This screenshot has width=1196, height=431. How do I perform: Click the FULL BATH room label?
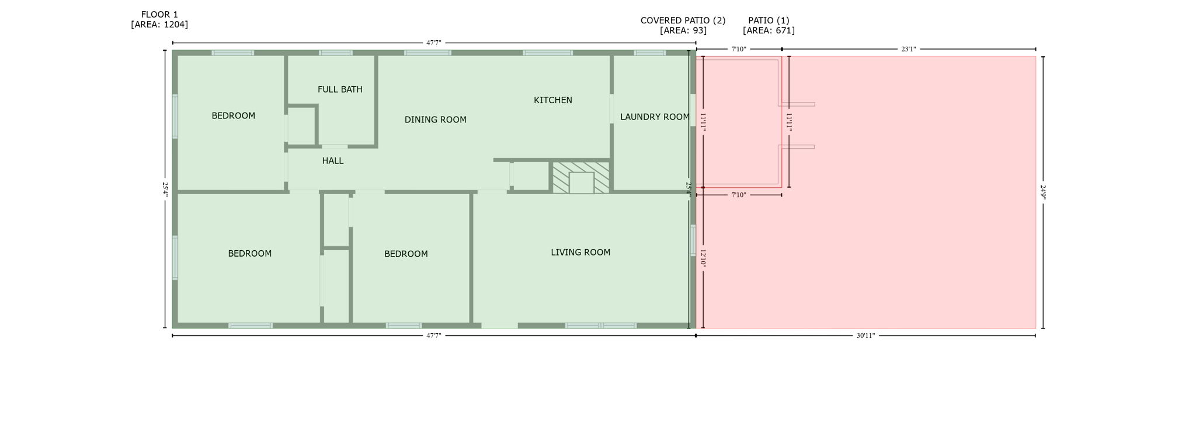(x=340, y=89)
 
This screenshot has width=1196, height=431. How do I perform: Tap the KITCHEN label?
(x=552, y=100)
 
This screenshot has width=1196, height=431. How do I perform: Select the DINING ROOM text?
(x=435, y=120)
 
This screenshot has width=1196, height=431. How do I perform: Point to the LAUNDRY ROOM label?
(x=654, y=117)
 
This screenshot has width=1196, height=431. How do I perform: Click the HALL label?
(x=332, y=160)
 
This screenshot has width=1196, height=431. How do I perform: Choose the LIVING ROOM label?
(x=580, y=252)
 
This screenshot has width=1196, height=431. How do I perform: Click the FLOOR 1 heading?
(x=159, y=15)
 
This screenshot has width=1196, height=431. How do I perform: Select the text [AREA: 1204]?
(x=159, y=24)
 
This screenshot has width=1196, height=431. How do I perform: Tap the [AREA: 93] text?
(x=683, y=30)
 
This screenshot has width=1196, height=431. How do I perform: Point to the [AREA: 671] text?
(x=769, y=30)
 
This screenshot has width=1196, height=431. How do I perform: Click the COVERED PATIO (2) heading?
(x=683, y=20)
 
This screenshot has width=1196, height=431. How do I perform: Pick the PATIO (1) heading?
(x=769, y=20)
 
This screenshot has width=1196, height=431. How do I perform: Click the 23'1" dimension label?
(x=908, y=50)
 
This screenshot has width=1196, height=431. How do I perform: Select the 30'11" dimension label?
(x=865, y=336)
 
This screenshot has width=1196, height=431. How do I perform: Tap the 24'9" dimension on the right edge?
(x=1043, y=192)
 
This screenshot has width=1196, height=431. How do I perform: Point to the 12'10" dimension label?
(x=703, y=258)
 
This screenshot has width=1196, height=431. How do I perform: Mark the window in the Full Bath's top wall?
(x=335, y=53)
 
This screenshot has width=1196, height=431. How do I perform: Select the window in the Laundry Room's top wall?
(x=649, y=53)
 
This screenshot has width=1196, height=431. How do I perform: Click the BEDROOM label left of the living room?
(x=406, y=254)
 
